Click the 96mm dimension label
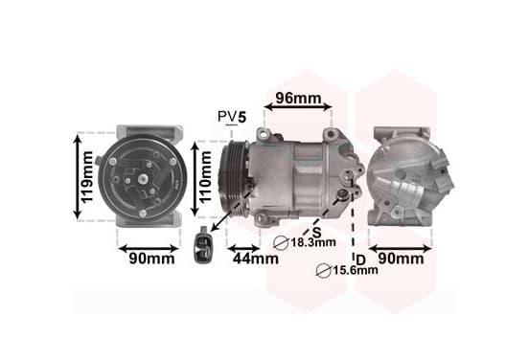[x=298, y=98]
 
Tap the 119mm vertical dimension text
[x=87, y=177]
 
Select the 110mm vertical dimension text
[x=205, y=177]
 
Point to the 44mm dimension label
[x=256, y=259]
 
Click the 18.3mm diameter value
[x=313, y=242]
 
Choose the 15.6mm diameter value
[x=356, y=270]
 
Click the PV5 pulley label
[x=232, y=117]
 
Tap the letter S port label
[x=316, y=232]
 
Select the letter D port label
[x=360, y=259]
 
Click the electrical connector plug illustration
[x=204, y=245]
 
